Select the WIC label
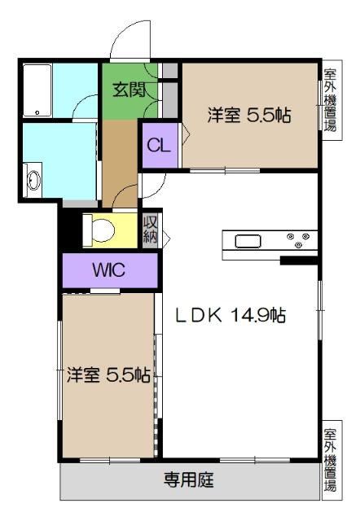(108, 269)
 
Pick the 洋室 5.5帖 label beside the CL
(249, 115)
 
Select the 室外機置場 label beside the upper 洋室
(330, 102)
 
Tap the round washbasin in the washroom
(33, 181)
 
